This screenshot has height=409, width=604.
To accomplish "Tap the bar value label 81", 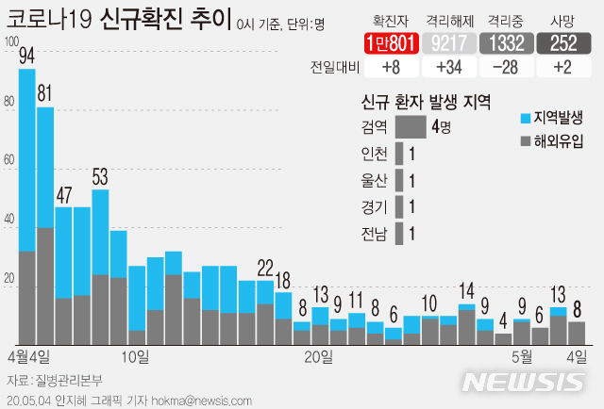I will (x=45, y=95).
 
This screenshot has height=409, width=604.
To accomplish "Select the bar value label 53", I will (x=100, y=176).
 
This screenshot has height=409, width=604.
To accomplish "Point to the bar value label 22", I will (x=265, y=267).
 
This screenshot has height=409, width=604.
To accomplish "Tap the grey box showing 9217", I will (x=443, y=41).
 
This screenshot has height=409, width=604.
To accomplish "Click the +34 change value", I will (x=442, y=67).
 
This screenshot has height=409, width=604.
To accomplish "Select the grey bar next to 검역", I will (x=411, y=126).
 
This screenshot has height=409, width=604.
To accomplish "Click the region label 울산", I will (x=374, y=179).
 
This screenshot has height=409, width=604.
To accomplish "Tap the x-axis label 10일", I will (x=136, y=356).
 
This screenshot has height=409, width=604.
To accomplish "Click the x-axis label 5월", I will (x=523, y=356).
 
